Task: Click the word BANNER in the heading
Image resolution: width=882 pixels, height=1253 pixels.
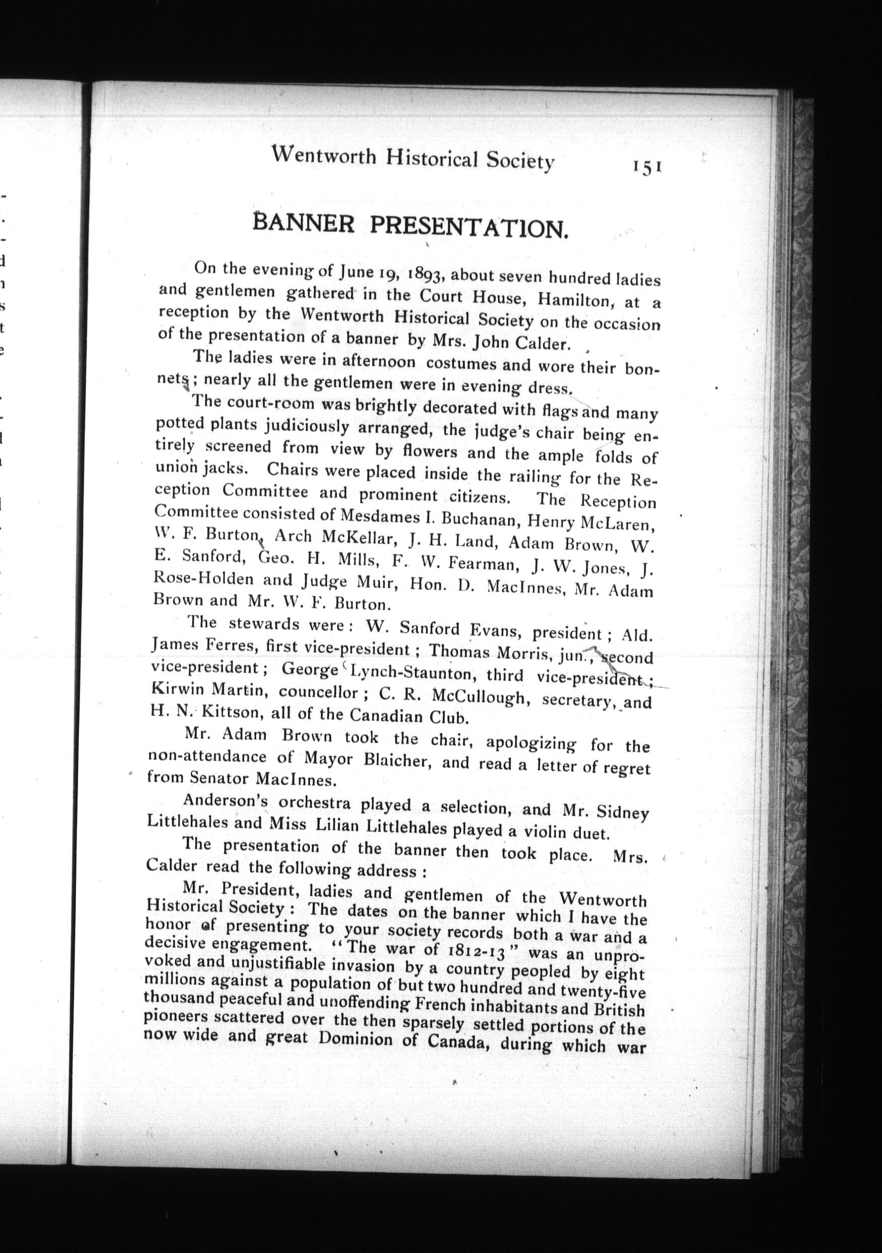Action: pos(304,224)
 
